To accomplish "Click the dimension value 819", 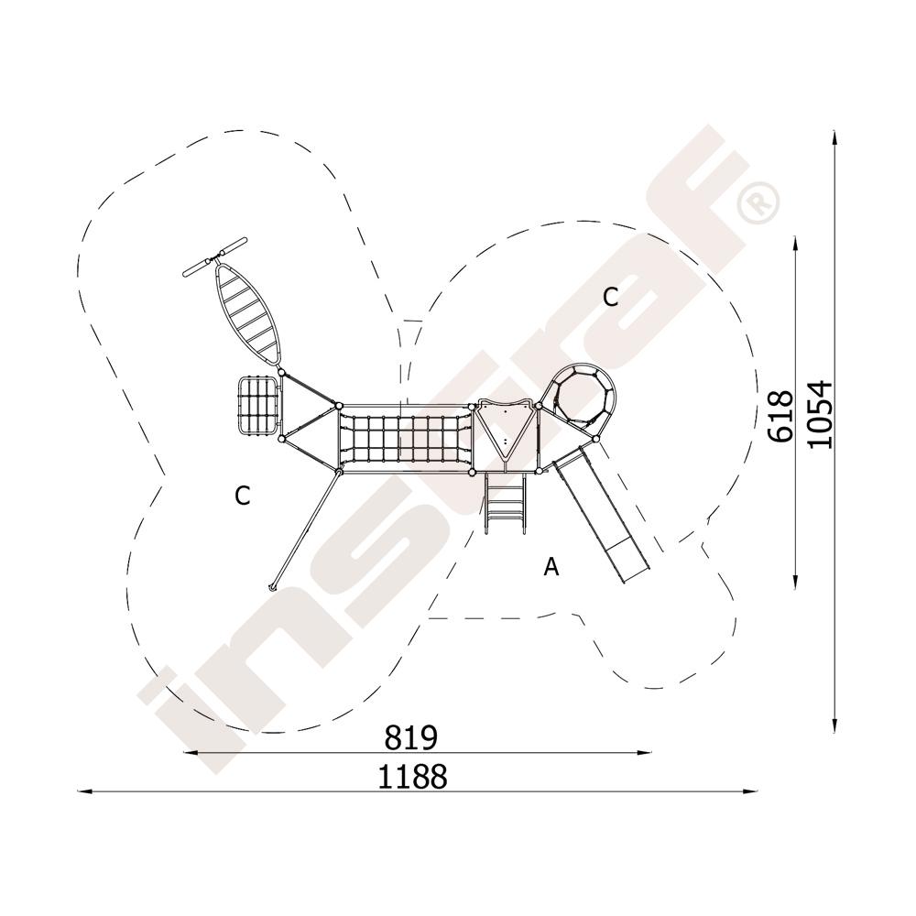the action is point(410,737).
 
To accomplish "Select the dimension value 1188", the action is point(412,777).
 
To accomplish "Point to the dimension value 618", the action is point(781,416).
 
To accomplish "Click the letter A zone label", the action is point(551,567).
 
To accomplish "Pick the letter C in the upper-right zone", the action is point(610,298).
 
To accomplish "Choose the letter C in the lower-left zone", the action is point(243,496).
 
